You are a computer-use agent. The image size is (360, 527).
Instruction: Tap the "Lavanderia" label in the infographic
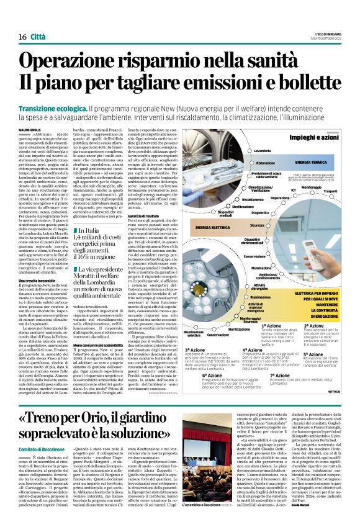coord(263,151)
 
